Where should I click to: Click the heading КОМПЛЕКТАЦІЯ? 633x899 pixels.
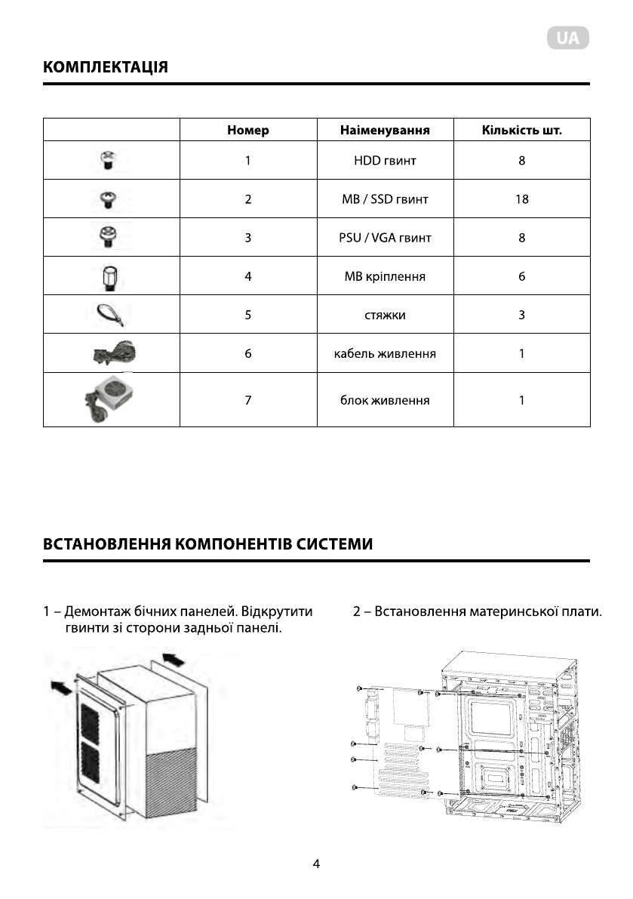click(106, 67)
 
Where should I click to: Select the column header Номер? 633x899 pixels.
click(247, 130)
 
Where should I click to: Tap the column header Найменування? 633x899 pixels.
click(385, 130)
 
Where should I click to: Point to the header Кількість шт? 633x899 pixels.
click(521, 130)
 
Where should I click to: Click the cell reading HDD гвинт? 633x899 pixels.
click(385, 161)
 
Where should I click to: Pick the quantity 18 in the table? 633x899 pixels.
click(521, 199)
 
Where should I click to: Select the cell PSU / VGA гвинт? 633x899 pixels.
click(385, 238)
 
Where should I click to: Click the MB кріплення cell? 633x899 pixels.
click(385, 276)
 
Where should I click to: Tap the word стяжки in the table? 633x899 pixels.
click(385, 315)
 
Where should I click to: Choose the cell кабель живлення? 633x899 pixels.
click(385, 353)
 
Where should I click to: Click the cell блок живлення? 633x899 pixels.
click(385, 399)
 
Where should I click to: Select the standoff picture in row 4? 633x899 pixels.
click(110, 277)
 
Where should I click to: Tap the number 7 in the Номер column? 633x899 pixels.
click(247, 399)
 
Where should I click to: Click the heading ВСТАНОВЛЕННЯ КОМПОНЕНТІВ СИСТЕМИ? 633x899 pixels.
click(208, 544)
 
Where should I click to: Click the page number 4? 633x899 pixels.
click(317, 865)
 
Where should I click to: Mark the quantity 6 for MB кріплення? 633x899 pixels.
click(521, 276)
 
